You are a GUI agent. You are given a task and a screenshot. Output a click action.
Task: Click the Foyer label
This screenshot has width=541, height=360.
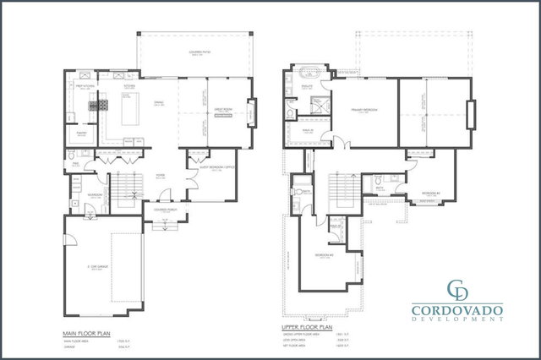point(159,178)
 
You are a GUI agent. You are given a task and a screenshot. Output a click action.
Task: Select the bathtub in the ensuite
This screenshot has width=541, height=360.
point(306,86)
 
